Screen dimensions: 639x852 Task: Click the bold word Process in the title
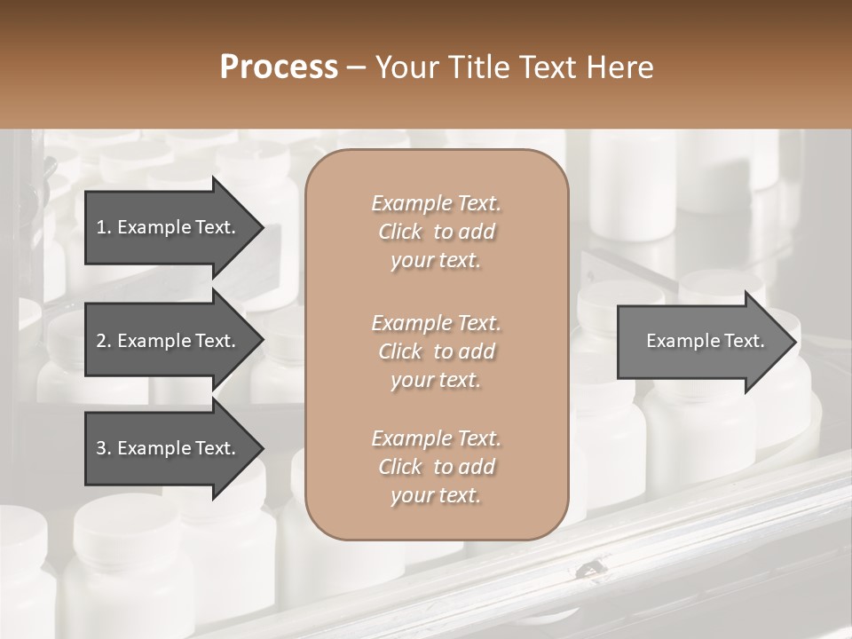coord(279,67)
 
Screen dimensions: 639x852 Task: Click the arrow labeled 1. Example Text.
coord(169,227)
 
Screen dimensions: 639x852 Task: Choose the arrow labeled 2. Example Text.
coord(169,341)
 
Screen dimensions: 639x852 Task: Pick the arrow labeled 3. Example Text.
coord(169,448)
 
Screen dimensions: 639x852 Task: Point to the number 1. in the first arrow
coord(104,227)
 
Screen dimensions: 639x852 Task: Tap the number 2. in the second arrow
coord(104,341)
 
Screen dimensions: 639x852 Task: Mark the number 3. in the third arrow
coord(104,448)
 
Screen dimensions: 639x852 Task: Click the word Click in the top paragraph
coord(400,232)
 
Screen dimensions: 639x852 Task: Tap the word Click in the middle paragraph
coord(400,351)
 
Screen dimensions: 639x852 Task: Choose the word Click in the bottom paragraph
coord(400,467)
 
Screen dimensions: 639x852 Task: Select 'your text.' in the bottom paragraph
coord(436,496)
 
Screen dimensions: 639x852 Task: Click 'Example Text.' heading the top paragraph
coord(436,203)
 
